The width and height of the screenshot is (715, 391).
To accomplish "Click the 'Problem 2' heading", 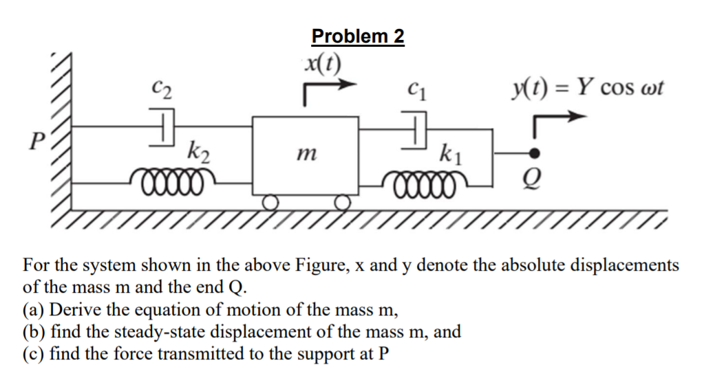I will pyautogui.click(x=358, y=36).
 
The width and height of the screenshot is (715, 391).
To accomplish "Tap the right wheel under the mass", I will pyautogui.click(x=342, y=202).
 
